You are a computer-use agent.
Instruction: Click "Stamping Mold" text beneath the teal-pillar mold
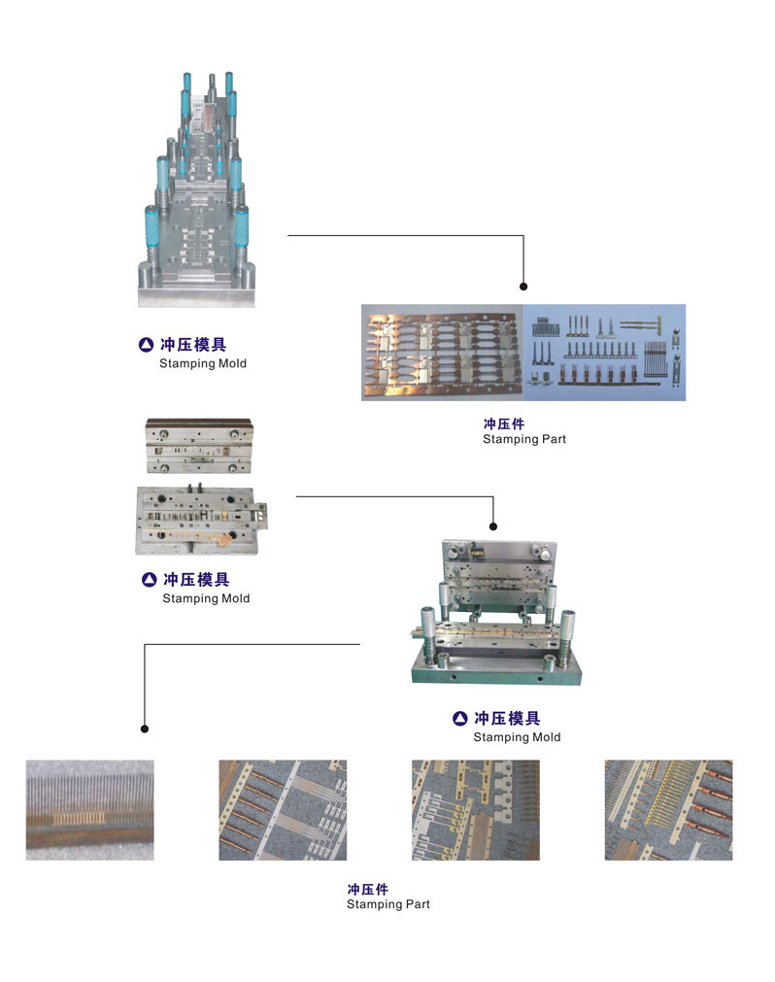[x=203, y=364]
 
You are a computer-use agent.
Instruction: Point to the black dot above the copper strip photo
[x=523, y=287]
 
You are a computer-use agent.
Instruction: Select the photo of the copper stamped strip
[x=442, y=352]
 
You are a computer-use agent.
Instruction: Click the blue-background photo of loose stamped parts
[x=605, y=352]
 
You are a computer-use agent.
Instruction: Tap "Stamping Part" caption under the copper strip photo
[x=523, y=440]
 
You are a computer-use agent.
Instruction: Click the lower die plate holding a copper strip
[x=197, y=519]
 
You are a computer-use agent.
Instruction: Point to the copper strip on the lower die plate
[x=199, y=536]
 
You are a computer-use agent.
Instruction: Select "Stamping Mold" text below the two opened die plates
[x=206, y=599]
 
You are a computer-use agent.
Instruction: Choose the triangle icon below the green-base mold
[x=459, y=719]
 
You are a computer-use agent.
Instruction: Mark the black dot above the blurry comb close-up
[x=145, y=728]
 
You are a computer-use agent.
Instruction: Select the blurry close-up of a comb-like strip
[x=89, y=809]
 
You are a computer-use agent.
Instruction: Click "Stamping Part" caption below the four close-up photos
[x=387, y=905]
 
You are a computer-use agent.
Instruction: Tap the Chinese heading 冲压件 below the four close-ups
[x=367, y=889]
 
